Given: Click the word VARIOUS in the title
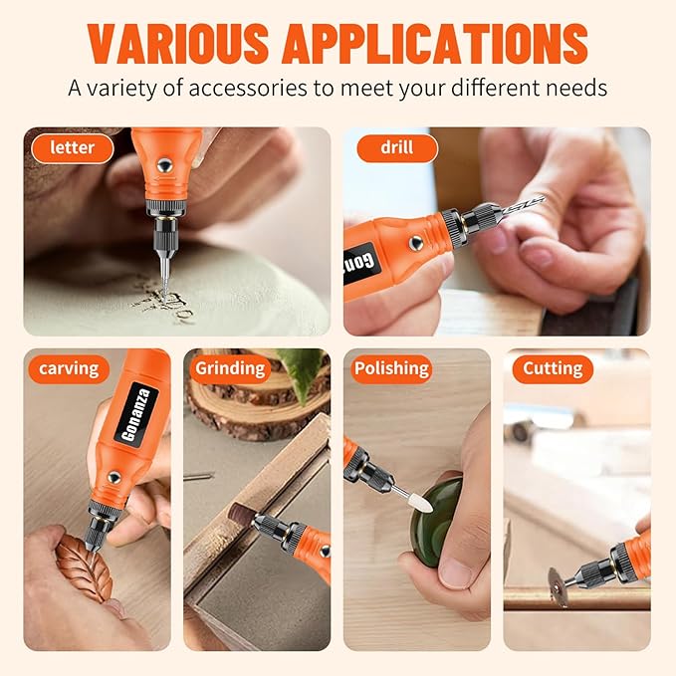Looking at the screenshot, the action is click(x=178, y=43).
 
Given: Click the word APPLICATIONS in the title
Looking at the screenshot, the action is click(x=435, y=43).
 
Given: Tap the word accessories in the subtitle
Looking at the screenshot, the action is click(x=248, y=88).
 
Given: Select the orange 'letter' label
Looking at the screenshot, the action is click(x=73, y=148).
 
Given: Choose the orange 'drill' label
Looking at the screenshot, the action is click(x=397, y=148).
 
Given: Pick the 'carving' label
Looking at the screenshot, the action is click(x=69, y=369).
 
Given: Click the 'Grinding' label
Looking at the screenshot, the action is click(x=230, y=369).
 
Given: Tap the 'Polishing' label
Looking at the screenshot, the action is click(x=391, y=369).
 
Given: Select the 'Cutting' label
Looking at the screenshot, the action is click(x=553, y=369).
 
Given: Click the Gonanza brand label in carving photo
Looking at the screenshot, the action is click(x=136, y=414).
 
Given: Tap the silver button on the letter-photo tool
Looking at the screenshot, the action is click(x=164, y=164).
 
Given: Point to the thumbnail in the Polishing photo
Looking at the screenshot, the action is click(x=454, y=573).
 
